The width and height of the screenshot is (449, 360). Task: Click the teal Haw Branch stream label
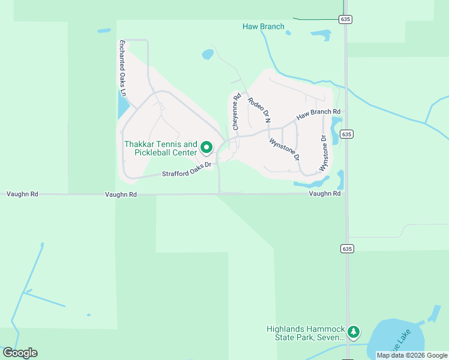264,26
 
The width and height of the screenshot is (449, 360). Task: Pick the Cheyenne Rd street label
237,112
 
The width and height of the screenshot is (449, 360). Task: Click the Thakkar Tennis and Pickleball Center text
160,148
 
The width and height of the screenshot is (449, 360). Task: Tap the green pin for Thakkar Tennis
206,147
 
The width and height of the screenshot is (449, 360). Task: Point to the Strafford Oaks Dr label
187,170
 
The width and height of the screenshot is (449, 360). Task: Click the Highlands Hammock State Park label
306,333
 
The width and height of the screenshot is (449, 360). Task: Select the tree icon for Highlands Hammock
354,332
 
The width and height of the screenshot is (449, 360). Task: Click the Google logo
20,353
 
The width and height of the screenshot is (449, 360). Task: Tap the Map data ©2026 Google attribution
412,355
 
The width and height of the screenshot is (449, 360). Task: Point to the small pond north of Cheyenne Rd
208,55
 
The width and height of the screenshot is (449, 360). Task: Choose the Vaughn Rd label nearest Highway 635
325,194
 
